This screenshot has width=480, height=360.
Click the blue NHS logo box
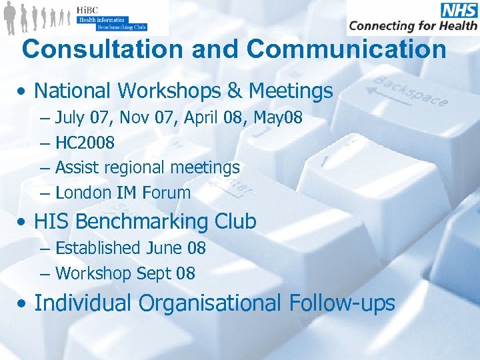click(459, 10)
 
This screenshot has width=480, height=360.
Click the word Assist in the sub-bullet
click(78, 167)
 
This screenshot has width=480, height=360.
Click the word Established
click(97, 248)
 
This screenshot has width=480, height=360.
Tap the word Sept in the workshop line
click(153, 273)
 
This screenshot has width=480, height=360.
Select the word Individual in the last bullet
click(83, 303)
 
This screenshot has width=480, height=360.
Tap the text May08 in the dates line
click(279, 118)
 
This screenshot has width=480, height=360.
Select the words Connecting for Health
click(413, 25)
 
